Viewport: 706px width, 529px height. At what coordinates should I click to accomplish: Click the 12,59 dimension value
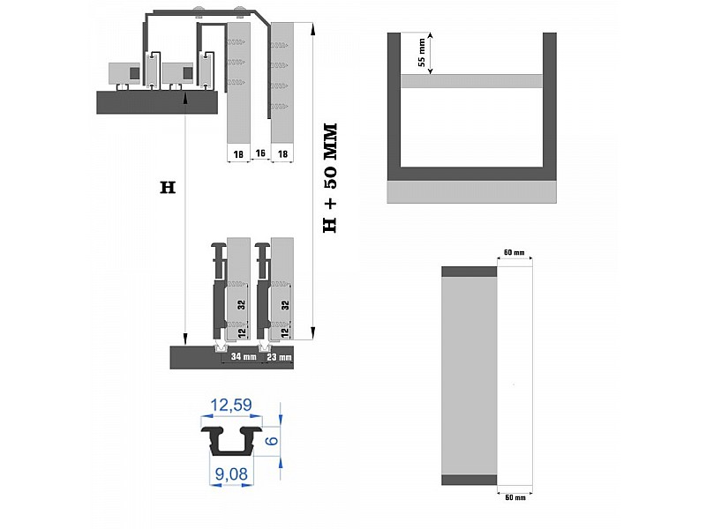[x=231, y=406]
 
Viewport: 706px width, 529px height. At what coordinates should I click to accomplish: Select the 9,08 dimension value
[x=231, y=474]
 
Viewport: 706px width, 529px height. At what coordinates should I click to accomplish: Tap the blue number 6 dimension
[x=272, y=440]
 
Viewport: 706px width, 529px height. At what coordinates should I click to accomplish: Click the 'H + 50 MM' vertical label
[x=330, y=178]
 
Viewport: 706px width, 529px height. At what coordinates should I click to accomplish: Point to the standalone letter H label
[x=168, y=188]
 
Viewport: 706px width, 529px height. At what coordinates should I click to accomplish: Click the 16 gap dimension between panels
[x=260, y=153]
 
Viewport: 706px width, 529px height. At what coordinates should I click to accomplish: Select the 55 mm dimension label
[x=422, y=53]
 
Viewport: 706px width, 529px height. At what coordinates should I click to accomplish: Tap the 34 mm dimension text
[x=244, y=357]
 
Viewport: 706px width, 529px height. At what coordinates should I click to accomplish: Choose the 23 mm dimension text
[x=279, y=357]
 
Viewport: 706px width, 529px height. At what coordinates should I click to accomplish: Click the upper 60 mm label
[x=514, y=252]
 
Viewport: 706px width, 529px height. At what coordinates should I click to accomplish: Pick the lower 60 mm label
[x=515, y=497]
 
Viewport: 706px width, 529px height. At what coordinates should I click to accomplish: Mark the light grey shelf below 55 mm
[x=471, y=81]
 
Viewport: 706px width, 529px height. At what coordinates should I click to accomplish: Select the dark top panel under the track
[x=157, y=102]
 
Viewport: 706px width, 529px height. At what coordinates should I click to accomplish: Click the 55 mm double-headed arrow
[x=431, y=53]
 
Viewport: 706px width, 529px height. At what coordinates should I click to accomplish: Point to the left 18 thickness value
[x=238, y=154]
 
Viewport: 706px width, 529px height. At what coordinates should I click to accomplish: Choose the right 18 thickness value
[x=282, y=154]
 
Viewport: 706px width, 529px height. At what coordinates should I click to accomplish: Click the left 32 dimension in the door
[x=242, y=304]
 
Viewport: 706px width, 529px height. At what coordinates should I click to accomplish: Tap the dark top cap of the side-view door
[x=469, y=272]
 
